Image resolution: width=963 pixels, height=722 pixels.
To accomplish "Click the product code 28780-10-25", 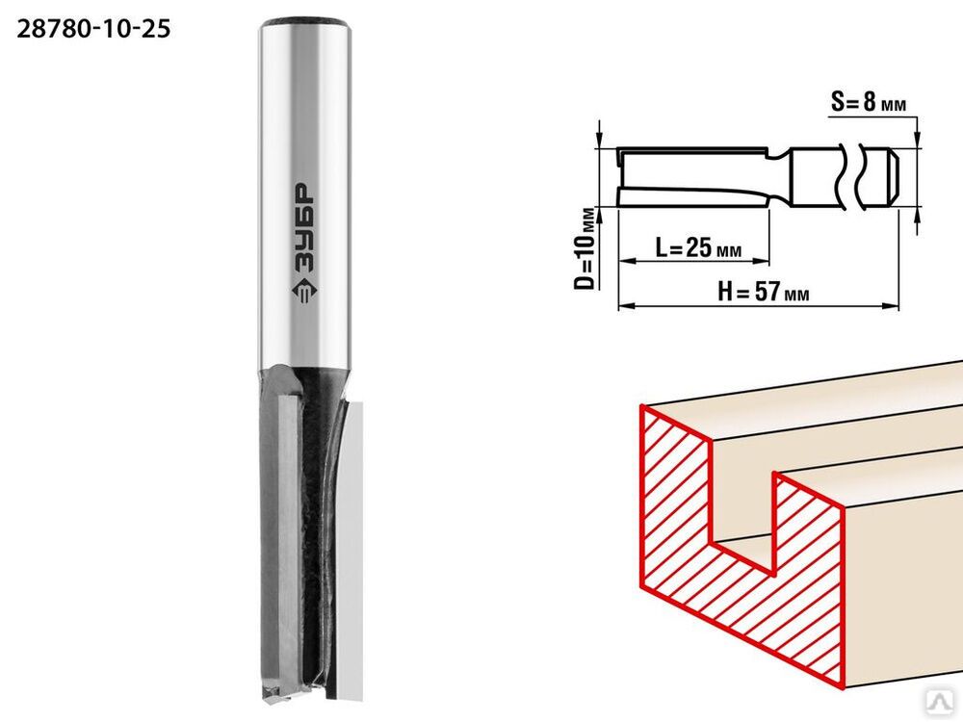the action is click(93, 29).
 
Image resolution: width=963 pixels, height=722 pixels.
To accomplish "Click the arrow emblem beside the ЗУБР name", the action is click(302, 294).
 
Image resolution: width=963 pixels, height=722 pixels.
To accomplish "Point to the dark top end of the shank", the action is click(304, 23).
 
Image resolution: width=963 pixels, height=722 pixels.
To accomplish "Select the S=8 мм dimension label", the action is click(869, 102).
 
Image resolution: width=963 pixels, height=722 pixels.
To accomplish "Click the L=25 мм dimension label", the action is click(698, 248).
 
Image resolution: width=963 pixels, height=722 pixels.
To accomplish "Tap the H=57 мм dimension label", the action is click(764, 291).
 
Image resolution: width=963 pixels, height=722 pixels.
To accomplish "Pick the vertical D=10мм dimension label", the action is click(586, 248).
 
